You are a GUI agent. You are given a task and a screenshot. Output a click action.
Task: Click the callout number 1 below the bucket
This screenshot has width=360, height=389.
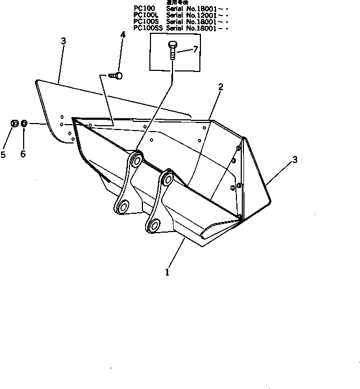(168, 272)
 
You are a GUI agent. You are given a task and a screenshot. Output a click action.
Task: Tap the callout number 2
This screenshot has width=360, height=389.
(220, 86)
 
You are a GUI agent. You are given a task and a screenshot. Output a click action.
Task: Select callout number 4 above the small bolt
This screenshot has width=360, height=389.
(123, 35)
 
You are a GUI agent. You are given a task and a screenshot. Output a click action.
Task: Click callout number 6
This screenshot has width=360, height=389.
(23, 154)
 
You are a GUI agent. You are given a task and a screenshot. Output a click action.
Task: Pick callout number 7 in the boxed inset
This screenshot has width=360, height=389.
(196, 49)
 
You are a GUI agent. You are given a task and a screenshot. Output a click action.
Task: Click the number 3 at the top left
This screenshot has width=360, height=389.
(63, 41)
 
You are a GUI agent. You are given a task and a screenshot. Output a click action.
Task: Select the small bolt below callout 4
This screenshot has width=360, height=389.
(116, 76)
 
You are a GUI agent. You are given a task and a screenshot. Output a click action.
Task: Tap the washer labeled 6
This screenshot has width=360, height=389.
(24, 125)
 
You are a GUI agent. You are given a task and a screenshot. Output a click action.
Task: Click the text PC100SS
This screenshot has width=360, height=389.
(147, 27)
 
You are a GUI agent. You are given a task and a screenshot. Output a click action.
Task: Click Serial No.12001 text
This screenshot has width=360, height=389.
(190, 15)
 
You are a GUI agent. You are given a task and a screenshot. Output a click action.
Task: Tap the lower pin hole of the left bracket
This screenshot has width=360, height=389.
(124, 206)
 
